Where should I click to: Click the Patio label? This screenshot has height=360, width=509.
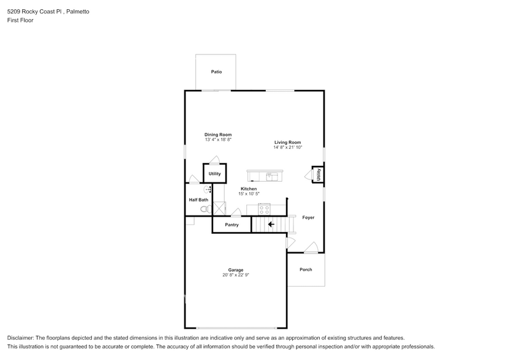[x=216, y=72]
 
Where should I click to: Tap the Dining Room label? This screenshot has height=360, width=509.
[x=218, y=135]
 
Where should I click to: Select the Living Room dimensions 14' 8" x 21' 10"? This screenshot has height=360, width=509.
[x=288, y=148]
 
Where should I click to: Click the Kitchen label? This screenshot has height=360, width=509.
[x=249, y=189]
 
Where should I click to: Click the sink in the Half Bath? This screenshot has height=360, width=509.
[x=207, y=190]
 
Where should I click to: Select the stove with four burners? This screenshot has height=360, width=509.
[x=264, y=209]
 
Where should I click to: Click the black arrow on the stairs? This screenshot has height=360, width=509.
[x=271, y=225]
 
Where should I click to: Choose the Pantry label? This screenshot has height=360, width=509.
[x=232, y=225]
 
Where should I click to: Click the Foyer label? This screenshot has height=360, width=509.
[x=308, y=217]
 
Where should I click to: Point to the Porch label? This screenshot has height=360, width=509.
[x=306, y=269]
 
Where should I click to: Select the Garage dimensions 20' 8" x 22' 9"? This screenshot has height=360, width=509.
[x=236, y=275]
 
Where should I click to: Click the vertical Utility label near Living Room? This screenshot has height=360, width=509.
[x=319, y=174]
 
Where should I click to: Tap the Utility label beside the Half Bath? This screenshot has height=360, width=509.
[x=214, y=174]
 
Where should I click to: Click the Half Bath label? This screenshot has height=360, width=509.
[x=198, y=200]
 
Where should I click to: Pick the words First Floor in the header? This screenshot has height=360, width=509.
[x=20, y=20]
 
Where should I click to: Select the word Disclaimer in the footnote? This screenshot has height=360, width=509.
[x=21, y=338]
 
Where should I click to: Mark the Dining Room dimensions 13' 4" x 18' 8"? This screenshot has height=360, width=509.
[x=218, y=140]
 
